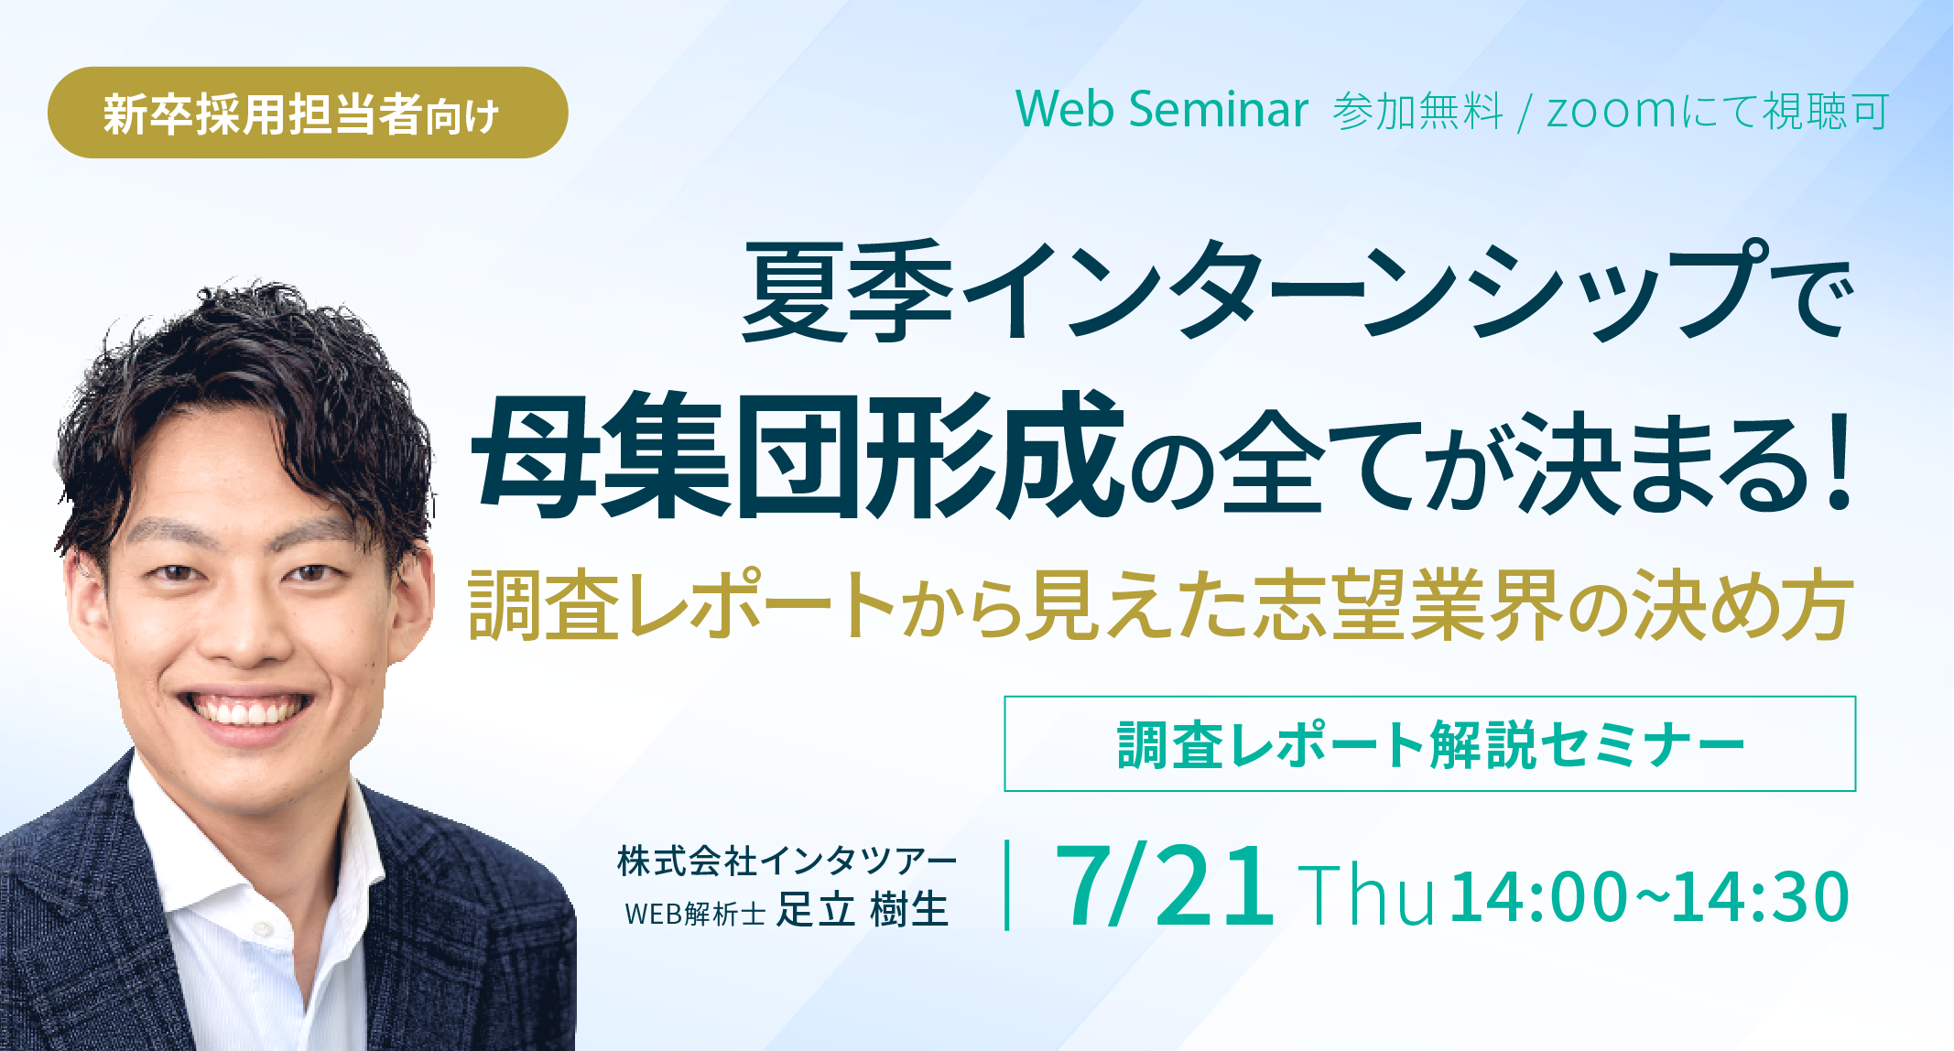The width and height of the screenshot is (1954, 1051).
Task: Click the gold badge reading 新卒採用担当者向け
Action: [x=308, y=113]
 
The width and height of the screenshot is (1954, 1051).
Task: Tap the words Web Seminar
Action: [x=1162, y=110]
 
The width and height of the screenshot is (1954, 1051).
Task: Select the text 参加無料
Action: [x=1417, y=112]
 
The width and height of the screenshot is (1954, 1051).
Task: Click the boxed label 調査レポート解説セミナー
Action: [x=1430, y=743]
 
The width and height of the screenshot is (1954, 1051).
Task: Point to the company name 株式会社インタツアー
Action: [x=787, y=861]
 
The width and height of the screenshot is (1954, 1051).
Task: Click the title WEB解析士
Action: [x=695, y=914]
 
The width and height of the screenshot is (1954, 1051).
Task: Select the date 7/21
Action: [x=1164, y=885]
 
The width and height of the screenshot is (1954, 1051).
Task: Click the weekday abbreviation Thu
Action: [x=1365, y=894]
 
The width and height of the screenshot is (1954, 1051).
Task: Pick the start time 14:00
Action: [x=1538, y=896]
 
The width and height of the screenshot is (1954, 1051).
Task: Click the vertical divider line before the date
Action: [x=1007, y=885]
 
